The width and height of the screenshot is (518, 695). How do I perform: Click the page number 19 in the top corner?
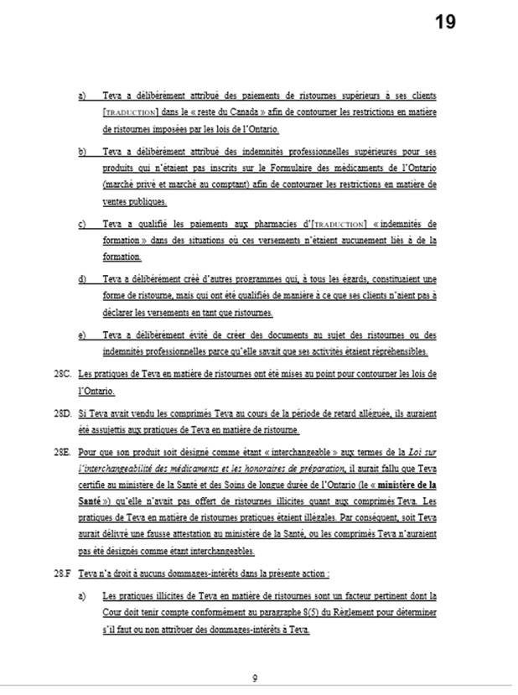[445, 21]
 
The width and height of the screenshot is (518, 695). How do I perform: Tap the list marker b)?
[82, 152]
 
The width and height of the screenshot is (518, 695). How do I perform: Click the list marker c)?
[82, 224]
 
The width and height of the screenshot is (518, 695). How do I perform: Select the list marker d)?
[82, 277]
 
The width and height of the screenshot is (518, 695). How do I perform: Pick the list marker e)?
[82, 335]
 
